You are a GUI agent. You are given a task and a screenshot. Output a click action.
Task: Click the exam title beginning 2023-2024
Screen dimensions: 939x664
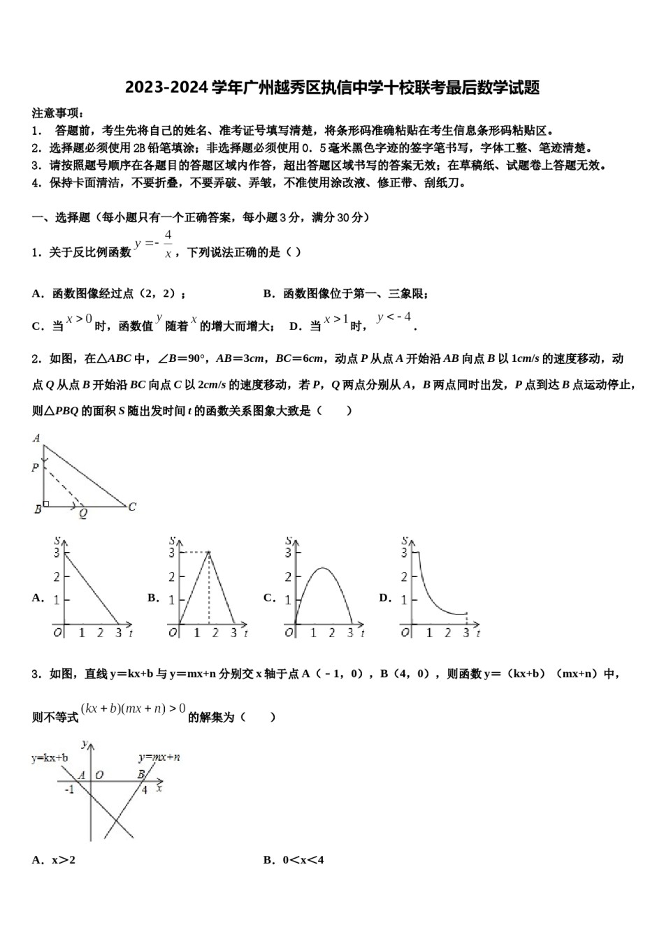click(x=331, y=88)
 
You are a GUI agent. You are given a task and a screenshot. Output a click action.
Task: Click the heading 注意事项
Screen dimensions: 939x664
click(x=59, y=112)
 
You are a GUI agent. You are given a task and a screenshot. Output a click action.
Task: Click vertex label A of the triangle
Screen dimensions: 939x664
click(x=36, y=438)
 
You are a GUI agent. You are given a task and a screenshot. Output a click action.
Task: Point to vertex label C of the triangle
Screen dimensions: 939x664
click(x=131, y=507)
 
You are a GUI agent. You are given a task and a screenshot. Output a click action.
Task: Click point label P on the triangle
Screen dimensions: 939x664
click(x=35, y=467)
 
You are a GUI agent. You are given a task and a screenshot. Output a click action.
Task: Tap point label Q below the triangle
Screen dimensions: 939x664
click(x=82, y=514)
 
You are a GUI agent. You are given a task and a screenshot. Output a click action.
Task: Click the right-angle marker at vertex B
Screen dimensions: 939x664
click(x=46, y=503)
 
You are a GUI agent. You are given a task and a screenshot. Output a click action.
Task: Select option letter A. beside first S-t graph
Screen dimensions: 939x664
click(x=38, y=598)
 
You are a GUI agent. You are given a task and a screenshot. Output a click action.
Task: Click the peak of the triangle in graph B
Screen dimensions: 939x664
click(x=208, y=553)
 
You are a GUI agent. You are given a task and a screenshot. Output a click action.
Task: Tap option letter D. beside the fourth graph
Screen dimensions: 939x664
click(x=384, y=598)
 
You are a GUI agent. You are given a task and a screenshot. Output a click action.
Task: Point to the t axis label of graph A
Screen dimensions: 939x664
click(x=131, y=633)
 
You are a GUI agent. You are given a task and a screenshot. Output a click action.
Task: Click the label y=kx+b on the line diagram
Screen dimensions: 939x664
click(x=50, y=757)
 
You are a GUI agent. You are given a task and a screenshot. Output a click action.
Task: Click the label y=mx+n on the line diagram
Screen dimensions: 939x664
click(x=159, y=757)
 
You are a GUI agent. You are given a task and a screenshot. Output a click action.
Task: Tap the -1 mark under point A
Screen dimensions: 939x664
click(x=69, y=789)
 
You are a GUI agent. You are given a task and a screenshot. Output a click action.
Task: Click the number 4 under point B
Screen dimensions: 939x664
click(x=145, y=789)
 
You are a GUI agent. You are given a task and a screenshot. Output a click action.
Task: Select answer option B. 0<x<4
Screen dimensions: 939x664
click(x=294, y=860)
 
